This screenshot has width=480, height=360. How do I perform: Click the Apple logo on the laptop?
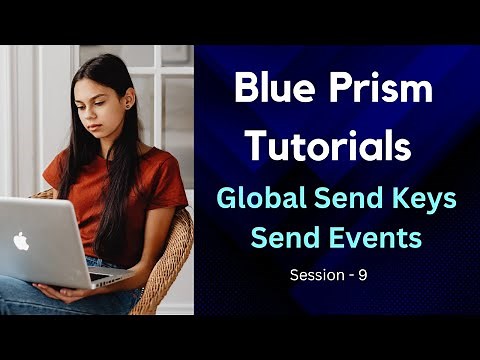coord(21,241)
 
